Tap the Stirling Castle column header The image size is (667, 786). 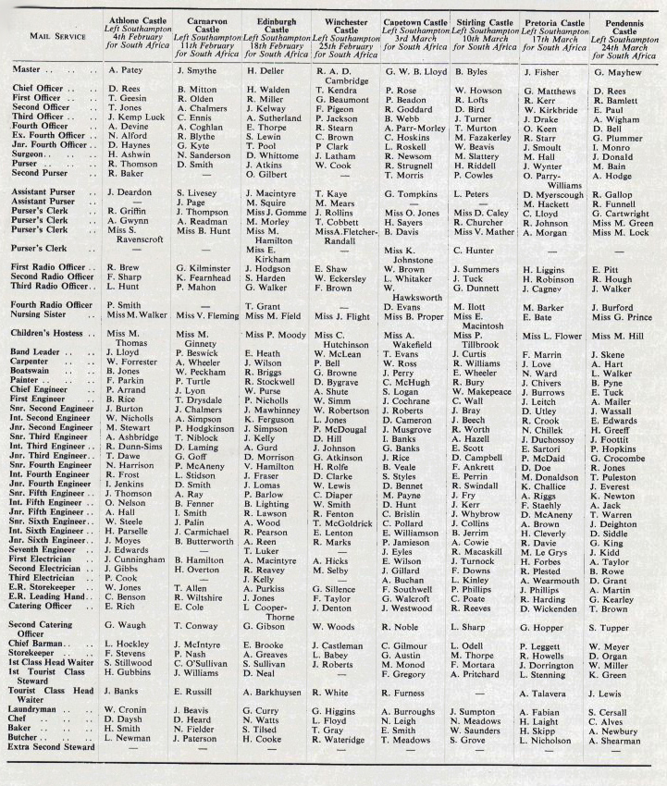pyautogui.click(x=484, y=21)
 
